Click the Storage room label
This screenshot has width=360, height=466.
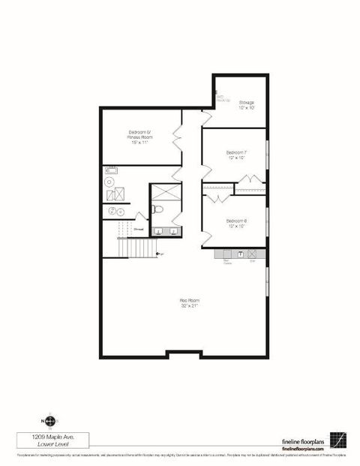pyautogui.click(x=246, y=104)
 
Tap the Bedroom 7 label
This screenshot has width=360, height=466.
pyautogui.click(x=235, y=155)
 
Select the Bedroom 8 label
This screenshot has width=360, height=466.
pyautogui.click(x=235, y=223)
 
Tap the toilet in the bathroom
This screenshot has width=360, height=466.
pyautogui.click(x=157, y=210)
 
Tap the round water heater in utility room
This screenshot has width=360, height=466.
pyautogui.click(x=109, y=182)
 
